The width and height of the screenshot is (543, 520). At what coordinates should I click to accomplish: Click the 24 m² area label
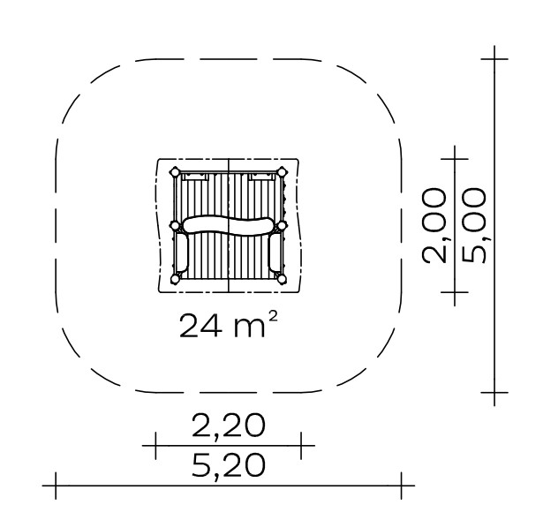tap(228, 325)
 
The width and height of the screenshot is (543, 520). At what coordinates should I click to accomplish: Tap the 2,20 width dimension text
tap(228, 425)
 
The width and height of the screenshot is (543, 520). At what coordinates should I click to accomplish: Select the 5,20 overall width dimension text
tap(228, 465)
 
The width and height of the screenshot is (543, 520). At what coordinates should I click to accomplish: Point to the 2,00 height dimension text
tap(434, 225)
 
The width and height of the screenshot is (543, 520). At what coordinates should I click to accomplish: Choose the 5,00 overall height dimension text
tap(474, 225)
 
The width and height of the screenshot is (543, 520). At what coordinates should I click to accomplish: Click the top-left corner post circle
tap(175, 172)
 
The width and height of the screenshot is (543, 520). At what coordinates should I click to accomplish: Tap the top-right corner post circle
tap(282, 172)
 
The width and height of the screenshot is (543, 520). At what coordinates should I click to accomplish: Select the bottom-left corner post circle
tap(175, 279)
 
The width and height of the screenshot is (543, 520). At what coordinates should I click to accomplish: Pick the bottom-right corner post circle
tap(282, 279)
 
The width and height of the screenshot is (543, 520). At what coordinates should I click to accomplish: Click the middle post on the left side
tap(175, 226)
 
